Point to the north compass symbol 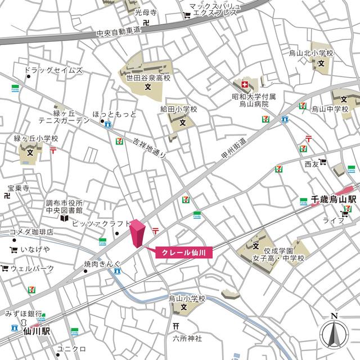click(x=334, y=334)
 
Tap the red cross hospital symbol click(x=245, y=85)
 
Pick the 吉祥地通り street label click(x=151, y=148)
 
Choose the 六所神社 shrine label click(x=187, y=338)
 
